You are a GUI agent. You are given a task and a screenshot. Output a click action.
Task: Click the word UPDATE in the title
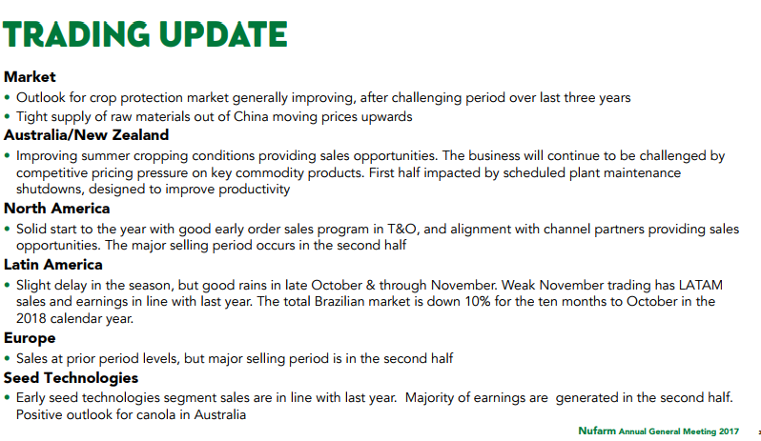click(223, 34)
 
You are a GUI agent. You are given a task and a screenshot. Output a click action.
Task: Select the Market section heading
click(30, 76)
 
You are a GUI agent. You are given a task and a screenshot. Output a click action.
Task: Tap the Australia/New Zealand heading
click(87, 134)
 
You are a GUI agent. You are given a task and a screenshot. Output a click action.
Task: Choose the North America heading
click(57, 209)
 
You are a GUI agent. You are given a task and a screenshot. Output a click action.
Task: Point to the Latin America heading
click(53, 265)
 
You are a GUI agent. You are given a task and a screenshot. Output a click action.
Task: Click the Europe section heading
click(30, 338)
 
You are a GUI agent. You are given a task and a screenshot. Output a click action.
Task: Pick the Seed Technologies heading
click(71, 378)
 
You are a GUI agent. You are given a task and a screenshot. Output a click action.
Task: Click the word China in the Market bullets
click(251, 117)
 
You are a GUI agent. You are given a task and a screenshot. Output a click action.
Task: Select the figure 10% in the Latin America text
click(478, 301)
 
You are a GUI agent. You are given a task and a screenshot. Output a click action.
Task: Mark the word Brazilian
click(339, 301)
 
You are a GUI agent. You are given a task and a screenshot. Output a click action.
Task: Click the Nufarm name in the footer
click(596, 431)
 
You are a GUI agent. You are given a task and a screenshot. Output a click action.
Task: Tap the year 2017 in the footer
click(729, 431)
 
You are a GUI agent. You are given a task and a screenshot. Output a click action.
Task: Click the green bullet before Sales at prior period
click(7, 359)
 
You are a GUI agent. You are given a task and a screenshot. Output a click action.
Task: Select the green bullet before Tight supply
click(7, 117)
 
